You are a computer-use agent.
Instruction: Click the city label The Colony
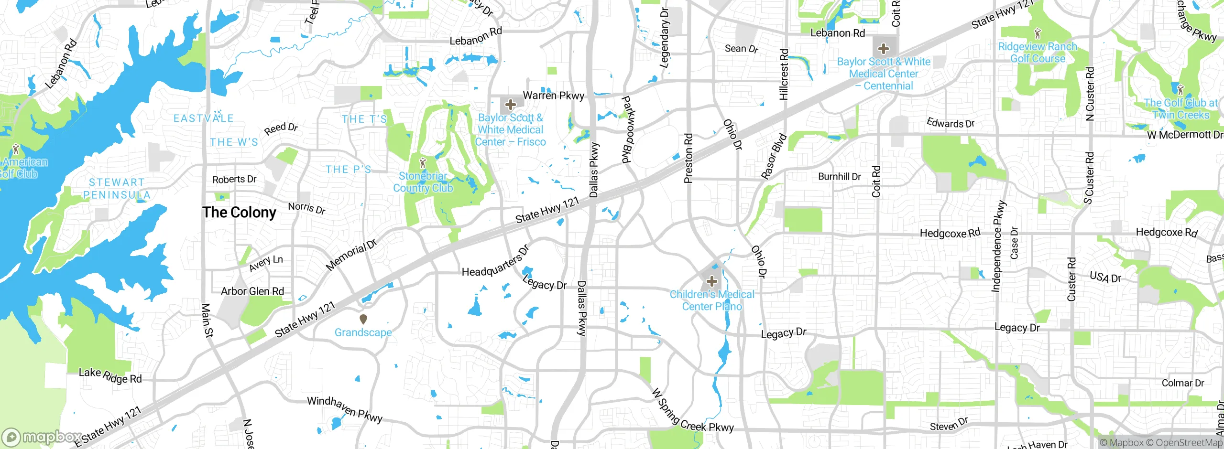click(239, 213)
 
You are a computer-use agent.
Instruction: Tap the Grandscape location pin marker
click(363, 319)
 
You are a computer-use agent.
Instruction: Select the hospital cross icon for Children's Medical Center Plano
click(712, 281)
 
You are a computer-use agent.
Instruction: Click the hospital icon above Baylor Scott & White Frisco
click(510, 105)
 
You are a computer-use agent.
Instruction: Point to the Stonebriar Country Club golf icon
click(422, 163)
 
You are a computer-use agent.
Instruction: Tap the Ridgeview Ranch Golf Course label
click(1038, 53)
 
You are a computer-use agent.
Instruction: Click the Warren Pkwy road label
click(553, 96)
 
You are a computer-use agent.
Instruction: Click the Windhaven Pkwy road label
click(344, 409)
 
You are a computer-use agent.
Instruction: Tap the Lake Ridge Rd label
click(110, 375)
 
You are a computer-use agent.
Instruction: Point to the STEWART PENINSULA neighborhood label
click(117, 189)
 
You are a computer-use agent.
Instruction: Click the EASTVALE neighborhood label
click(203, 118)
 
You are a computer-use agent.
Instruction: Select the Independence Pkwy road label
click(999, 246)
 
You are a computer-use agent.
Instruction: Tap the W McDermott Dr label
click(1185, 135)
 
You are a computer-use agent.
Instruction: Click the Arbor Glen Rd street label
click(252, 291)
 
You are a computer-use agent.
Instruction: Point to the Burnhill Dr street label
click(839, 177)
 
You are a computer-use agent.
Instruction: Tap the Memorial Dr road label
click(351, 256)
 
